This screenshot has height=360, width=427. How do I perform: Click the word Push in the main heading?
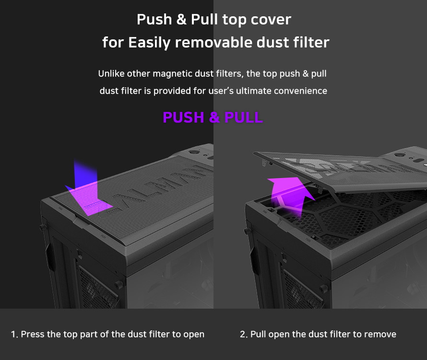click(x=154, y=19)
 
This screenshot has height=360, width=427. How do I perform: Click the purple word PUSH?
click(x=183, y=118)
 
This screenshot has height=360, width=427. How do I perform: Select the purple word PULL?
click(x=243, y=118)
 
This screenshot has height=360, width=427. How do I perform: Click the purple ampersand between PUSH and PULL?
click(x=214, y=118)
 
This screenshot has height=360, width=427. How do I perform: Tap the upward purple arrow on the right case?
click(x=289, y=195)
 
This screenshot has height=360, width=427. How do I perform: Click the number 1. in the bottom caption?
click(x=14, y=335)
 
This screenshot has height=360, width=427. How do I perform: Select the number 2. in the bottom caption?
click(x=243, y=335)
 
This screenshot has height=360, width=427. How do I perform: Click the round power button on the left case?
click(x=194, y=153)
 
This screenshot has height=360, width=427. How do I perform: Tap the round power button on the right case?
click(x=399, y=155)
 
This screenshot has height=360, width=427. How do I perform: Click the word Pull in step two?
click(x=258, y=335)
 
